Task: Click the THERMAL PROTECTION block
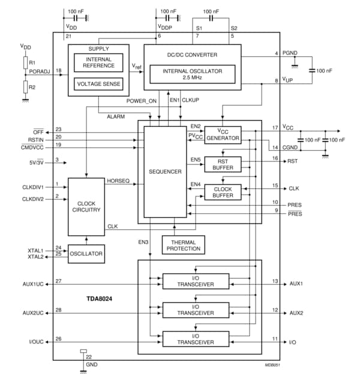[183, 244]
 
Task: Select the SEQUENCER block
[165, 172]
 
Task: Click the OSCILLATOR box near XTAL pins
[85, 254]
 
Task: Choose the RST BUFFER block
[223, 163]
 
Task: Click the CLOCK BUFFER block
[223, 192]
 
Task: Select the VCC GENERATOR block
[223, 134]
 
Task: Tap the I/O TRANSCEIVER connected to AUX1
[196, 281]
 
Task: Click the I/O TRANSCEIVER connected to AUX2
[196, 310]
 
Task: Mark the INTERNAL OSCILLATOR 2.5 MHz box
[193, 74]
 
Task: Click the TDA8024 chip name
[99, 297]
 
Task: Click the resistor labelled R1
[25, 62]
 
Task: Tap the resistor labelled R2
[25, 86]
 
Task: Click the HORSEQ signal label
[118, 181]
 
